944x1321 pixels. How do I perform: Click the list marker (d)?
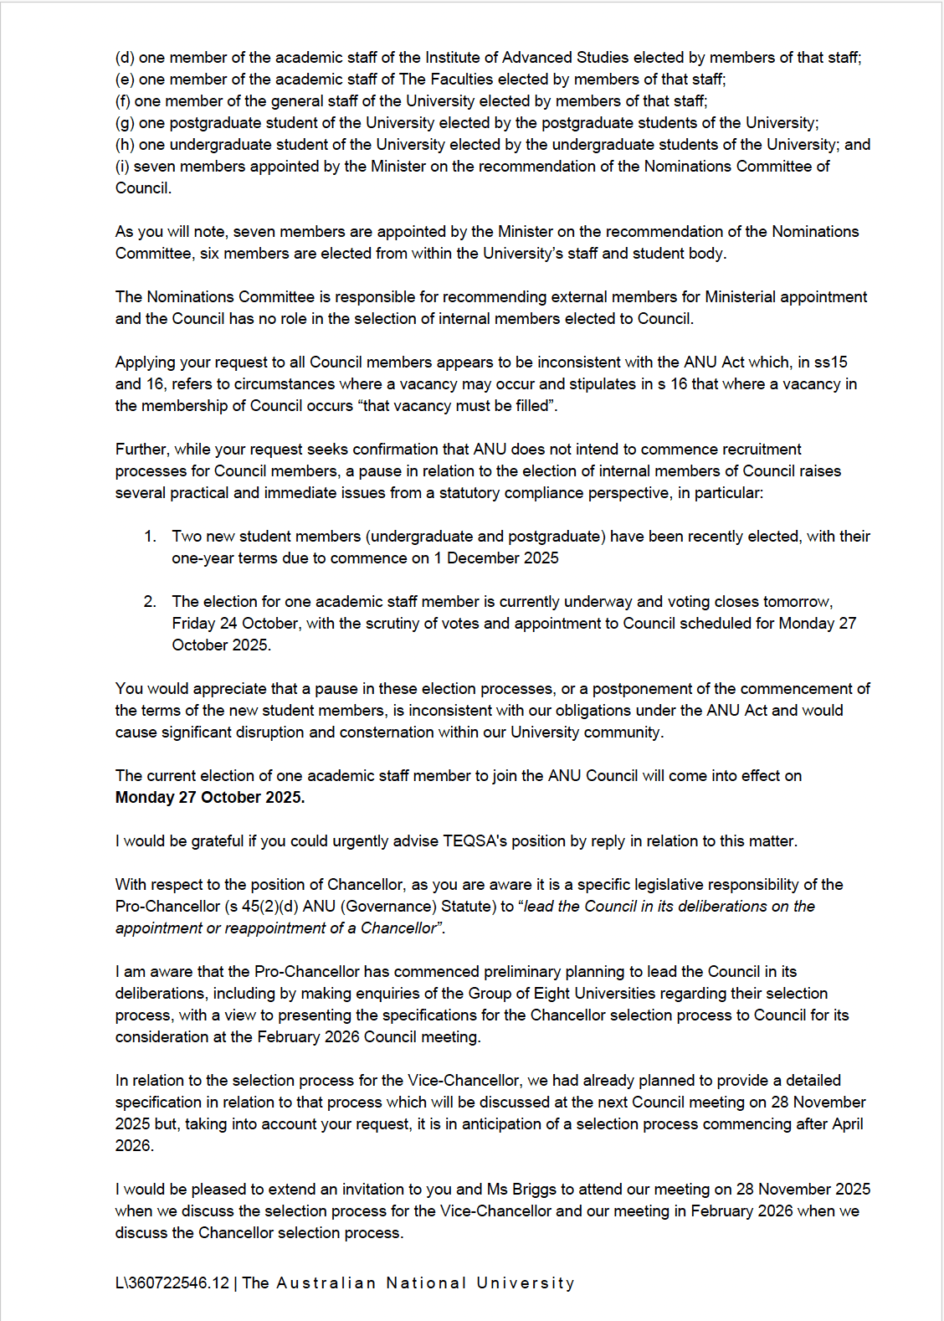(125, 58)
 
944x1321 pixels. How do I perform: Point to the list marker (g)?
(125, 123)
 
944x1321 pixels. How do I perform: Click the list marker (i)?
(122, 167)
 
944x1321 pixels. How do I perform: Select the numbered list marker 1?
(150, 537)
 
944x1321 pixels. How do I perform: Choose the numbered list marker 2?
(150, 602)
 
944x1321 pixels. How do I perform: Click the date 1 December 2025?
(496, 558)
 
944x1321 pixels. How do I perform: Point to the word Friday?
(193, 624)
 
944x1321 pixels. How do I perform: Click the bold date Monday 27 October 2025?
(210, 798)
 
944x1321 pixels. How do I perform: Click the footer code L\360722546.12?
(172, 1283)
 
